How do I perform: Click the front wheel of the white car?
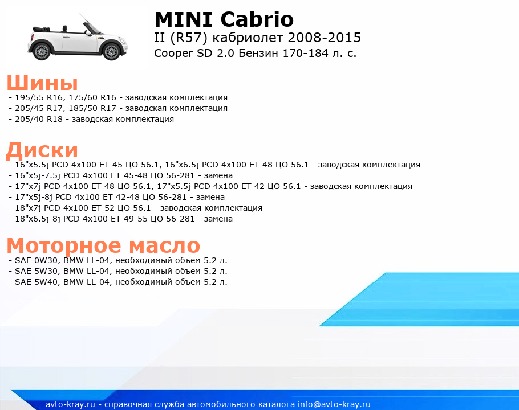click(111, 52)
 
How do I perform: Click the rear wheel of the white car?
click(42, 52)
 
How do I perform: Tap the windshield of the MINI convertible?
click(92, 28)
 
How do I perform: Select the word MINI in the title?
click(184, 19)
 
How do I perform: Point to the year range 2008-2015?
click(325, 38)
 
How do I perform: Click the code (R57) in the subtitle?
click(189, 38)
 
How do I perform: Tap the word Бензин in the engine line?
click(258, 53)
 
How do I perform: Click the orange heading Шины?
click(42, 83)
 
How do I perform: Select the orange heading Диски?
click(42, 150)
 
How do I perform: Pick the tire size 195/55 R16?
click(39, 98)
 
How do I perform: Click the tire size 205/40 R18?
click(39, 119)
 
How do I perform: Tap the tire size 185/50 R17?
click(92, 108)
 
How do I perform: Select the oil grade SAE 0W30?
click(37, 260)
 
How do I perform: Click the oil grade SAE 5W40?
click(37, 282)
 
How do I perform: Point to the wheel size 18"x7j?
click(29, 208)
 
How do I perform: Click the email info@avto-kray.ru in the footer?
click(334, 404)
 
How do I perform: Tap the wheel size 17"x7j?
click(29, 186)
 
